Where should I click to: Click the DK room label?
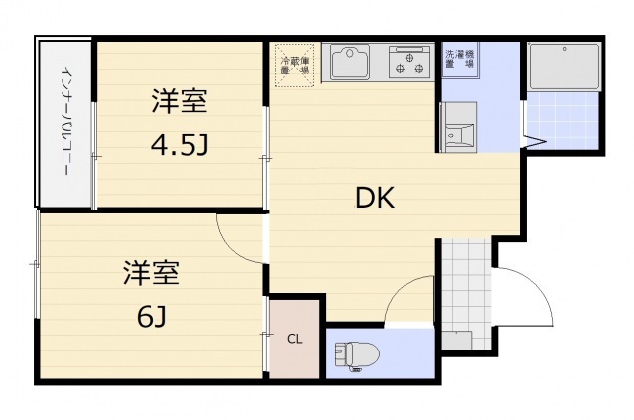point(376,198)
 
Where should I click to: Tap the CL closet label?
point(295,339)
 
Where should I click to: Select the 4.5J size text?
point(180,146)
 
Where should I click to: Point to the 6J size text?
point(151,317)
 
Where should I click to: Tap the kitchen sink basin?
point(350,65)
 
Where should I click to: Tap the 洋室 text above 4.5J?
point(180,102)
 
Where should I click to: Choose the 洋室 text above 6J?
point(151,271)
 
